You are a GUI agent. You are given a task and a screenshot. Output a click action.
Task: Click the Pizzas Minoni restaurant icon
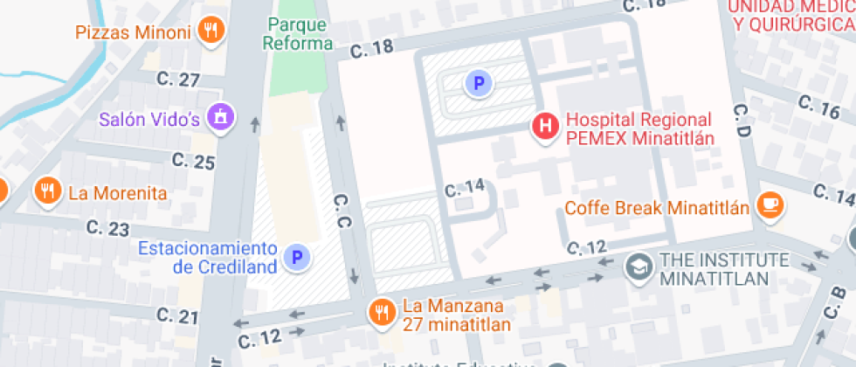point(210,31)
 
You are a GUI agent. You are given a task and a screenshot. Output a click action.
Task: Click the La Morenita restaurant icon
point(46,191)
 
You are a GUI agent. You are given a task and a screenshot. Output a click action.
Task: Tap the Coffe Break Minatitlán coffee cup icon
point(770,206)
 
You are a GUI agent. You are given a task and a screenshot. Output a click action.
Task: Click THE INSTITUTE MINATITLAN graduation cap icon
point(640,268)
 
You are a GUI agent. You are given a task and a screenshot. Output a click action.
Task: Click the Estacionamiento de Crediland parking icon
point(298,257)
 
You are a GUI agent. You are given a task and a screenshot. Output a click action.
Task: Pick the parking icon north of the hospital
point(478,84)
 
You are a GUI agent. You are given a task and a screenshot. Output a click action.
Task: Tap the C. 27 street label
point(179,80)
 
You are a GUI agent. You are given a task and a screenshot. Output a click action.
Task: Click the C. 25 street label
point(193,161)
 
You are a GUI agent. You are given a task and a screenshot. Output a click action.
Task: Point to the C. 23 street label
point(108,229)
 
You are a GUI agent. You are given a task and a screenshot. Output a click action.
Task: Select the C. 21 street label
point(177,315)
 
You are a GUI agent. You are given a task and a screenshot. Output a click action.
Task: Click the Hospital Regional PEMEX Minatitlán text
point(639,128)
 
